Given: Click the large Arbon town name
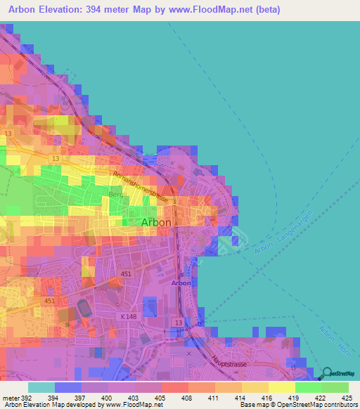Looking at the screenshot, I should pos(156,222).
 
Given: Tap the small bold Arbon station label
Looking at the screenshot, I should pos(181,283).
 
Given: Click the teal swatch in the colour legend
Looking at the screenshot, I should pos(41,387).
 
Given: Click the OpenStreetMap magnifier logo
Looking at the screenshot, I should pos(326,374).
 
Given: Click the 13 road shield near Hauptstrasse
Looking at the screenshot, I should pos(179,322).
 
